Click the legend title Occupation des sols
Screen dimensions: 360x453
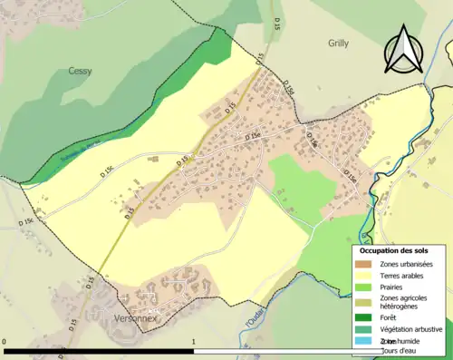click(x=394, y=250)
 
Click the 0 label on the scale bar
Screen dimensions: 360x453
click(x=5, y=343)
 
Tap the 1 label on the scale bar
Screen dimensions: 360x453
click(x=194, y=343)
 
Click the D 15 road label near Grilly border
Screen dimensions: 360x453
click(x=260, y=60)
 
